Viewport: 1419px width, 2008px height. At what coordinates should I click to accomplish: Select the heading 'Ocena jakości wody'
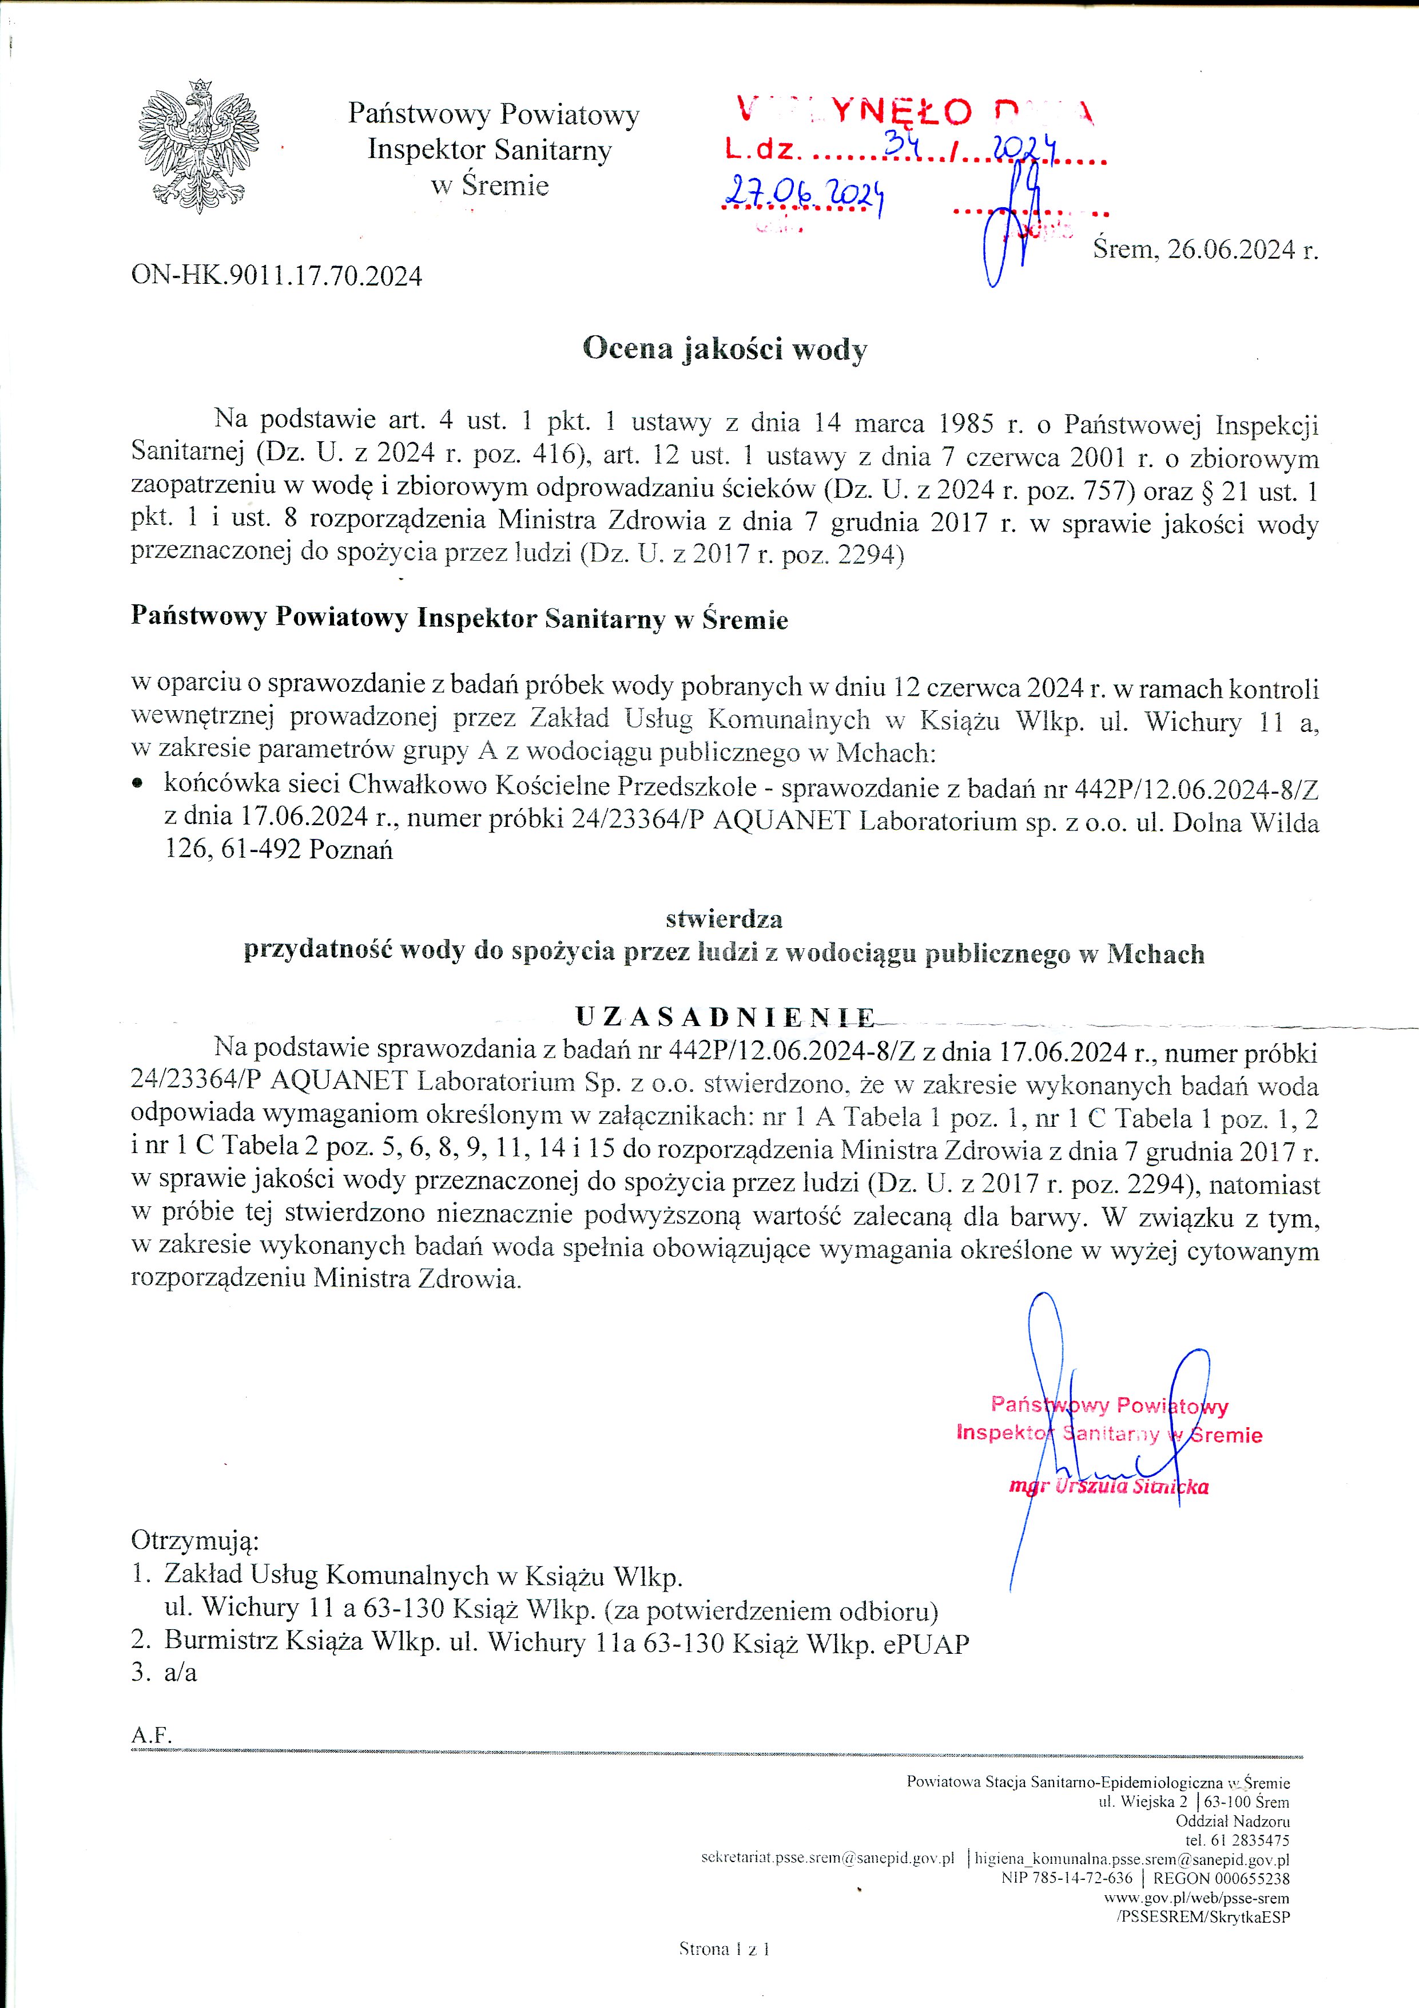tap(725, 350)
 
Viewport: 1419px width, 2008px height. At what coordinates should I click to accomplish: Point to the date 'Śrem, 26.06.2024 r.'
tap(1205, 250)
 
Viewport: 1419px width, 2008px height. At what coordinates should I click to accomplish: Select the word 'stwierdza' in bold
tap(724, 919)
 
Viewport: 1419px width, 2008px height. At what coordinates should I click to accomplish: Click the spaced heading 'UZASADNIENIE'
tap(725, 1017)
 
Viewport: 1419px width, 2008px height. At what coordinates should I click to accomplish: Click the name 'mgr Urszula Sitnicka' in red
tap(1108, 1486)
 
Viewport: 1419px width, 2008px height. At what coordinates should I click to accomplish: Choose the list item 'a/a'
tap(180, 1673)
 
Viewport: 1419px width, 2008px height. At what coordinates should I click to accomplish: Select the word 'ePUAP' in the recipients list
tap(931, 1644)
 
